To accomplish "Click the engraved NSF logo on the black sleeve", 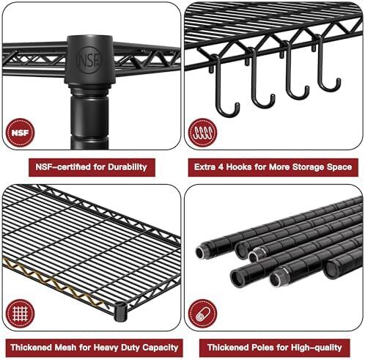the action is coord(89,60).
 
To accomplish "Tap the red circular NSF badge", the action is coord(20,133).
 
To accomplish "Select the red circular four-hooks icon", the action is coord(202,133).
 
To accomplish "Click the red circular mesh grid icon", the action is coord(20,314).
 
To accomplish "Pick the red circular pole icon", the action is coord(202,314).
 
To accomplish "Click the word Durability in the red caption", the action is coord(128,167).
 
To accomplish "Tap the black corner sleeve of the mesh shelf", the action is coord(120,312).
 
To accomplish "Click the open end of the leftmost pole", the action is coord(200,252).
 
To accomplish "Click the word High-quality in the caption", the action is coord(317,348).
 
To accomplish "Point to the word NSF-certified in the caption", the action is coord(63,167).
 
